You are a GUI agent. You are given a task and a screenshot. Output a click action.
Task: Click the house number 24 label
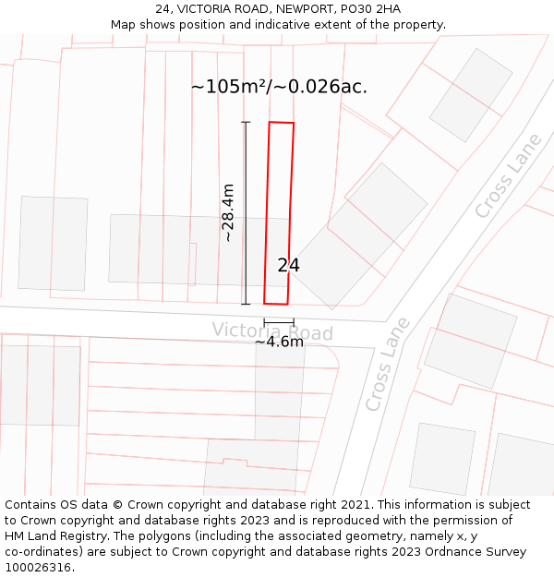pos(288,266)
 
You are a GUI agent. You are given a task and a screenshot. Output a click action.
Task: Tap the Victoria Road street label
pos(272,331)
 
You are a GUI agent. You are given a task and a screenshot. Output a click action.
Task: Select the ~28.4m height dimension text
pos(227,213)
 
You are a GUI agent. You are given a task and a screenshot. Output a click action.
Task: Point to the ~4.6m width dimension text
pos(279,342)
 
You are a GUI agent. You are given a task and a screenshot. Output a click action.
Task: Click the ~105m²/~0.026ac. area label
pos(279,87)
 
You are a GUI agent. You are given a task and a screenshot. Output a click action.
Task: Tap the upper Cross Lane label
pos(508,176)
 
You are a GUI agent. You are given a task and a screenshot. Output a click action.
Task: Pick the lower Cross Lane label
pos(387,365)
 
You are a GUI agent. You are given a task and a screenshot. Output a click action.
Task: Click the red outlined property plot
pos(279,212)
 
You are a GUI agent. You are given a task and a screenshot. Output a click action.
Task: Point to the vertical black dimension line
pos(246,212)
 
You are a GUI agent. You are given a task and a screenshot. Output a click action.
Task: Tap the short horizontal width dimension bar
pos(279,322)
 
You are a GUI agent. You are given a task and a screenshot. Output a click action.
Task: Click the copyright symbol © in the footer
pos(117,505)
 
